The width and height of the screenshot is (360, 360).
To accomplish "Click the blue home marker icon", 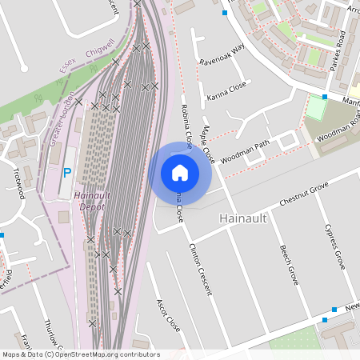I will (180, 173).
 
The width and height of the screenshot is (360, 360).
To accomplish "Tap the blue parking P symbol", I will (67, 173).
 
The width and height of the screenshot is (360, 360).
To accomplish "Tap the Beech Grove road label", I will (290, 265).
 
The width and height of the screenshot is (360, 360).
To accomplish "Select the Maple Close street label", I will (208, 143).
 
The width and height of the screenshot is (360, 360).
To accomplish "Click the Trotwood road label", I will (18, 182).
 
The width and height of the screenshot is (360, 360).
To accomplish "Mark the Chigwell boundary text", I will (99, 50).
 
